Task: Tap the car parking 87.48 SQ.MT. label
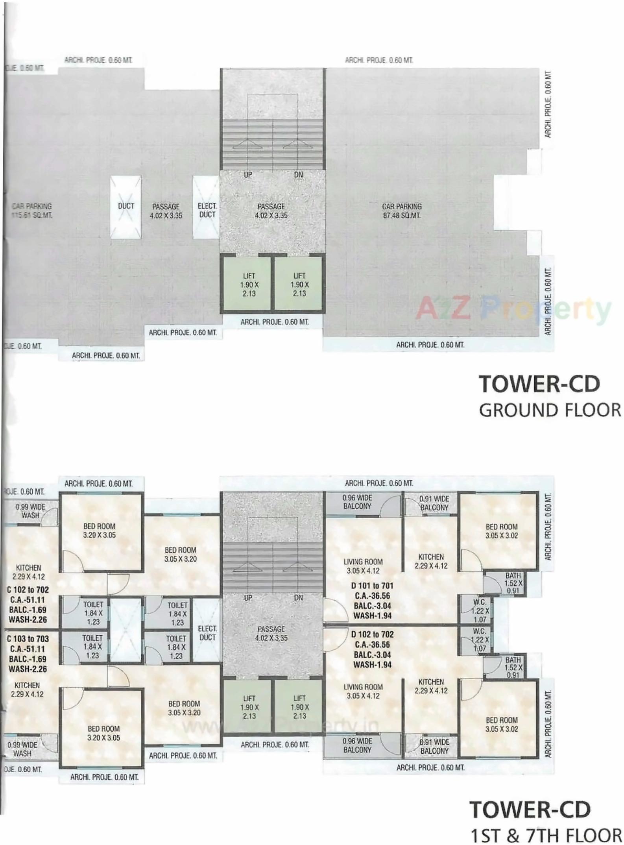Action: coord(402,211)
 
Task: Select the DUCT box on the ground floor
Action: coord(126,207)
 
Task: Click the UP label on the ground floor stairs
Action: coord(248,175)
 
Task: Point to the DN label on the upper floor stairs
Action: coord(299,597)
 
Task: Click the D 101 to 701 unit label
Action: coord(372,586)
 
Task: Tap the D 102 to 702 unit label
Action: coord(372,634)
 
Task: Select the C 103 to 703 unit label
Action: coord(28,639)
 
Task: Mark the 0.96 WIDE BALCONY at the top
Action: coord(357,502)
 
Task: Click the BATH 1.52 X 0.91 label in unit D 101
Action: coord(513,583)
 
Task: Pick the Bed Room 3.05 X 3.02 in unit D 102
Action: coord(502,724)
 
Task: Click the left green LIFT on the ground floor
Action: coord(249,285)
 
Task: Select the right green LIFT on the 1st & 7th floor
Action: coord(299,707)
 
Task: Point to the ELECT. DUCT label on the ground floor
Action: coord(207,210)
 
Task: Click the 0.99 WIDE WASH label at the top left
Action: coord(30,511)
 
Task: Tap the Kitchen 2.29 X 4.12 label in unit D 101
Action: coord(431,561)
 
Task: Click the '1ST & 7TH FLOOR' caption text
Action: coord(546,835)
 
